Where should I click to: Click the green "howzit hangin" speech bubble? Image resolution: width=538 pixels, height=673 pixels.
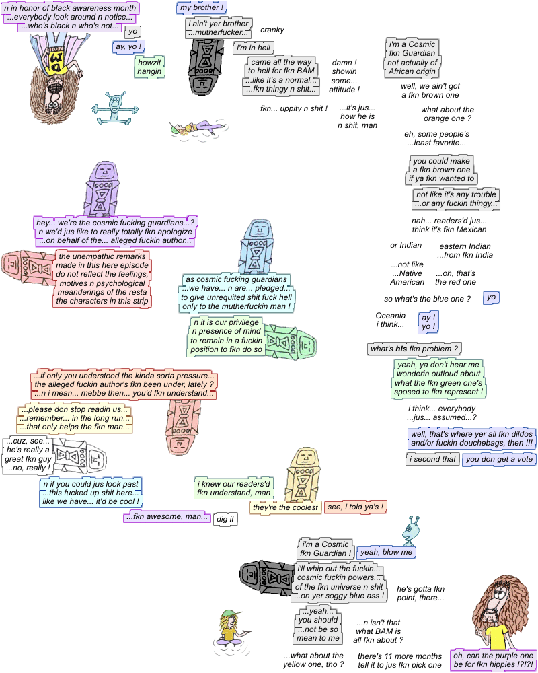(x=149, y=67)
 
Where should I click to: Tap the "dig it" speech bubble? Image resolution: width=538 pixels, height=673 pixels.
(x=225, y=519)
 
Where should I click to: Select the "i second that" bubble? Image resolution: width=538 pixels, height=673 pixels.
(x=432, y=459)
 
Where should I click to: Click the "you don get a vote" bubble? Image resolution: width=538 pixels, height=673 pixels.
(x=499, y=459)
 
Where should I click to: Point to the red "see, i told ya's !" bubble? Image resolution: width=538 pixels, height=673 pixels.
(x=356, y=507)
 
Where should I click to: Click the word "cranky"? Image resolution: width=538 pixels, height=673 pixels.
(x=272, y=30)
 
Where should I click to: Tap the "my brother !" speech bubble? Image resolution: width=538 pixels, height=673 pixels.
(x=202, y=7)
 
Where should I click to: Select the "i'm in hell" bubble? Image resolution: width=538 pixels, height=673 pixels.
(x=254, y=48)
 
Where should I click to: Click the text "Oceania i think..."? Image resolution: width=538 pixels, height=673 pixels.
(x=390, y=320)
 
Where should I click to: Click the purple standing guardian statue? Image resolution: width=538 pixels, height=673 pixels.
(x=102, y=188)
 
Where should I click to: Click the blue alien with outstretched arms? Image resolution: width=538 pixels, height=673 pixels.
(x=114, y=108)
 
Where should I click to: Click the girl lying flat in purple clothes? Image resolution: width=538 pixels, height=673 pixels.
(x=198, y=127)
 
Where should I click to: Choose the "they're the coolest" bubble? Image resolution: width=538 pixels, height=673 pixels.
(x=285, y=507)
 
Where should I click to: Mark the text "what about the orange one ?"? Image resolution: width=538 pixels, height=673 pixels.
(x=447, y=114)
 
